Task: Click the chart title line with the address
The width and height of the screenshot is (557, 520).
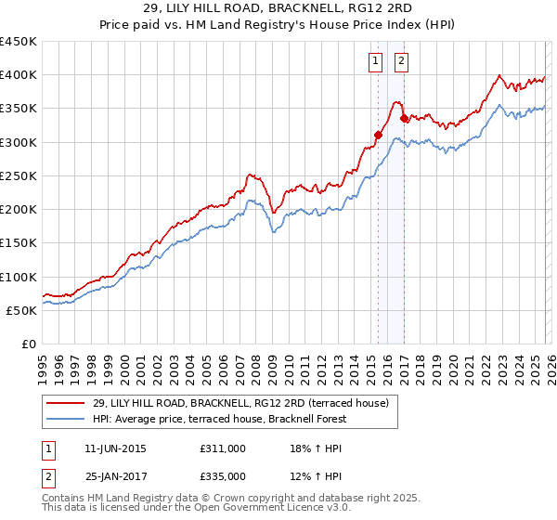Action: click(278, 7)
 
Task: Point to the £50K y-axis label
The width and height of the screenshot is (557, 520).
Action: click(21, 311)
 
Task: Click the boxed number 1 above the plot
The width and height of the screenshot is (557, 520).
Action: click(376, 62)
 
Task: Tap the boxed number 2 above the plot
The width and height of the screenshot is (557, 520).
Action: click(402, 62)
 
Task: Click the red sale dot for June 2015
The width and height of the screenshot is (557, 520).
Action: click(378, 135)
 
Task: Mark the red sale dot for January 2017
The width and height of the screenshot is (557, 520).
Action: click(404, 118)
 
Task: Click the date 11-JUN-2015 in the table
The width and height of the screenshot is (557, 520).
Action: click(115, 448)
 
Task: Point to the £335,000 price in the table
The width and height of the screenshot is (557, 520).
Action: click(222, 475)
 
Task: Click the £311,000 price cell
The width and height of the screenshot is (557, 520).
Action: click(222, 448)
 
